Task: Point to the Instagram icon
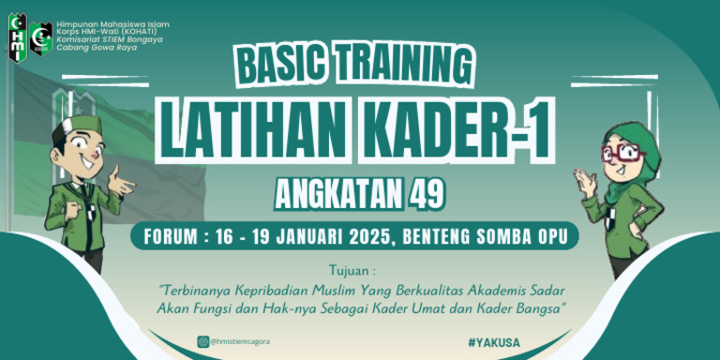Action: click(x=202, y=342)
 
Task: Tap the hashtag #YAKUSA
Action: click(x=493, y=342)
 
